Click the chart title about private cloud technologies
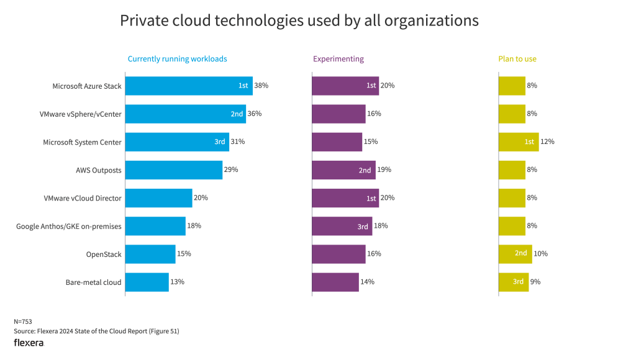299,20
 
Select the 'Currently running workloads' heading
177,59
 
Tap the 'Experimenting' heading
338,59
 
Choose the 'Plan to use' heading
517,59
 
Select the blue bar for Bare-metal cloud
147,282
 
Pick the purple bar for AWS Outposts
343,170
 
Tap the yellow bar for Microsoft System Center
518,142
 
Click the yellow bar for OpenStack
515,254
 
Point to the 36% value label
255,114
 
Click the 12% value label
547,142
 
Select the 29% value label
231,169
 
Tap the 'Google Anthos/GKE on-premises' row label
68,227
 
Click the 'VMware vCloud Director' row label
83,198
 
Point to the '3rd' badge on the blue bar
220,142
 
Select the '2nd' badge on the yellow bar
520,253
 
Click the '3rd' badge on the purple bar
363,227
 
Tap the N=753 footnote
23,322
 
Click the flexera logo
29,343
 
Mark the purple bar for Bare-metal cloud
335,282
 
